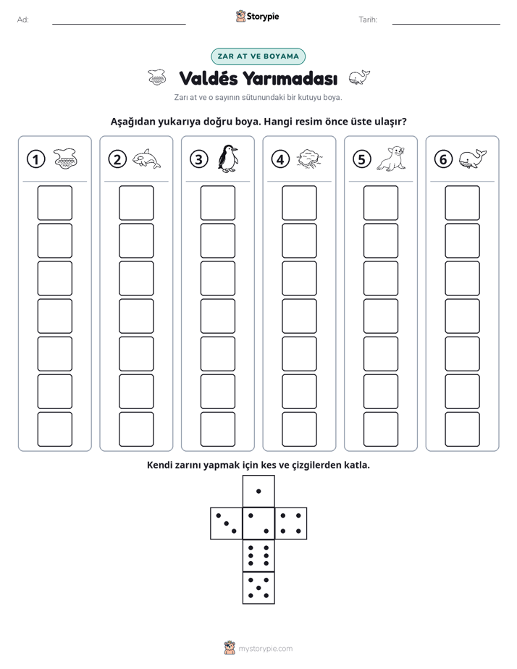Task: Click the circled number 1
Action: pyautogui.click(x=35, y=159)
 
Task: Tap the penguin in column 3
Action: pyautogui.click(x=228, y=159)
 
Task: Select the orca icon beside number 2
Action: pyautogui.click(x=146, y=159)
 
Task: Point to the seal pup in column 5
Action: pyautogui.click(x=391, y=159)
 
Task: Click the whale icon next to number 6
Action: pyautogui.click(x=473, y=159)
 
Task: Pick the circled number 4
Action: pyautogui.click(x=280, y=159)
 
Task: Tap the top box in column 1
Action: pyautogui.click(x=54, y=203)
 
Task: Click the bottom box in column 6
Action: pyautogui.click(x=463, y=429)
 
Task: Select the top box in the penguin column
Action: pyautogui.click(x=217, y=203)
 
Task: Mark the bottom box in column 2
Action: pyautogui.click(x=136, y=429)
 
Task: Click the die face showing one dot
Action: pyautogui.click(x=258, y=491)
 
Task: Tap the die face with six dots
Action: pyautogui.click(x=258, y=555)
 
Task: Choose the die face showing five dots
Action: pyautogui.click(x=258, y=587)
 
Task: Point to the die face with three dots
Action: pyautogui.click(x=227, y=523)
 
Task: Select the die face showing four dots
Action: pyautogui.click(x=291, y=523)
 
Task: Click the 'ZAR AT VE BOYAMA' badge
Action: pyautogui.click(x=258, y=56)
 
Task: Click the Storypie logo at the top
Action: pyautogui.click(x=257, y=16)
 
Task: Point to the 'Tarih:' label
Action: pyautogui.click(x=368, y=20)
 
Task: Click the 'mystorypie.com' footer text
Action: pyautogui.click(x=265, y=649)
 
